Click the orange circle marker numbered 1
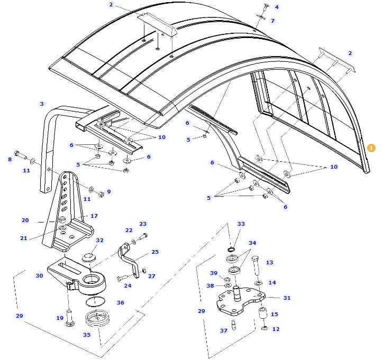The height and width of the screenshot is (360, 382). (371, 148)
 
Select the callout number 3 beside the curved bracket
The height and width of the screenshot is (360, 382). (42, 104)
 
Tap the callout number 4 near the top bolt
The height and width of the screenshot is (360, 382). (276, 7)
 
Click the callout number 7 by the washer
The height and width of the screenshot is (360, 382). (272, 21)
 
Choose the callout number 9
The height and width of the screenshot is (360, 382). (109, 192)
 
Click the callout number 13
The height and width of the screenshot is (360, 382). (269, 263)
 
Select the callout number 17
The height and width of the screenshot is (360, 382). (94, 216)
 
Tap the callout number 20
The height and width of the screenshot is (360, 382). (25, 220)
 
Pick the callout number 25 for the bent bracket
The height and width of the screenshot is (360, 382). (154, 252)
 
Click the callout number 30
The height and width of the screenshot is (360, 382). (39, 275)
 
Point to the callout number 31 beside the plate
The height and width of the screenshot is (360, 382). (287, 298)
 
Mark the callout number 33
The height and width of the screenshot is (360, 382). (241, 224)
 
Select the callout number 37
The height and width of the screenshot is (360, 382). (224, 331)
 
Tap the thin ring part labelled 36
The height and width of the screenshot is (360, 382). (95, 302)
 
